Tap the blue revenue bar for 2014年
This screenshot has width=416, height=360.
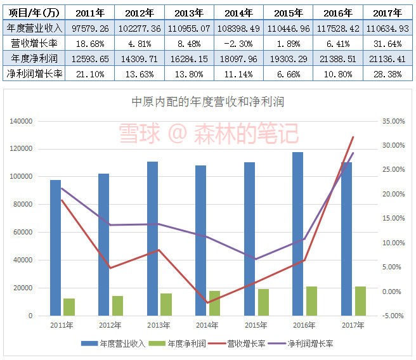pyautogui.click(x=201, y=240)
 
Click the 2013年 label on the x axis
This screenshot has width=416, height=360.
pyautogui.click(x=159, y=326)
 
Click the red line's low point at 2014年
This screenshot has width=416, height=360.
pyautogui.click(x=207, y=302)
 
